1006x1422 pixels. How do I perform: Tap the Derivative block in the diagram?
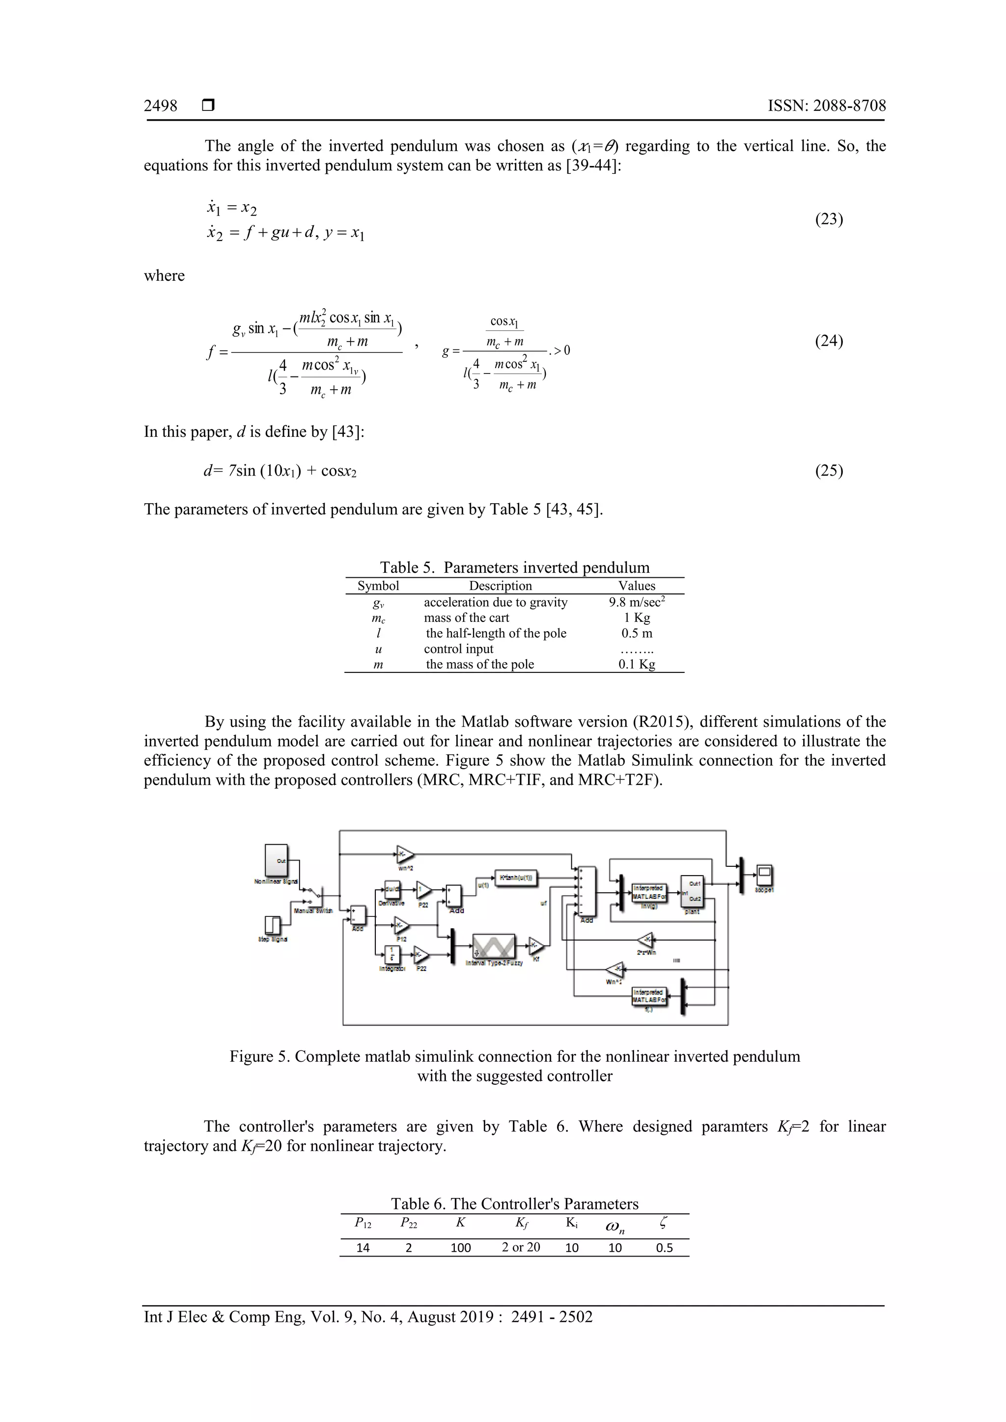[391, 890]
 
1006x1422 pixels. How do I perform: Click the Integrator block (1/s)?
[391, 954]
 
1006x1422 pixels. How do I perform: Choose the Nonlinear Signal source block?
[277, 860]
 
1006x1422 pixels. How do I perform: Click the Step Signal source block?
[273, 925]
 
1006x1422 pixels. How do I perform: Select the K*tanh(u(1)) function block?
[516, 877]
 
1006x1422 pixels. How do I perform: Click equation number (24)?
[829, 341]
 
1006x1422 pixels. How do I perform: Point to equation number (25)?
[829, 471]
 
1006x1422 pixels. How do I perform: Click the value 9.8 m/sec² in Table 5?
[637, 602]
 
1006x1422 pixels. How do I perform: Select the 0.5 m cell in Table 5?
[637, 634]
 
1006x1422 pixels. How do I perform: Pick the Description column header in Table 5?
[500, 586]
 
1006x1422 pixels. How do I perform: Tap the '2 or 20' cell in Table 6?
[521, 1247]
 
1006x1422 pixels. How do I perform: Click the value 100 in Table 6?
[461, 1247]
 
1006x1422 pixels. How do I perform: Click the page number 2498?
[161, 106]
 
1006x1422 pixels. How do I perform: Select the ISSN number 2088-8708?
[849, 106]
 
